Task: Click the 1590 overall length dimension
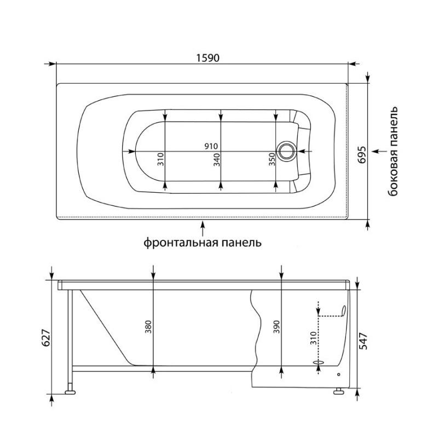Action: pos(208,58)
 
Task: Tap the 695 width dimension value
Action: pos(362,154)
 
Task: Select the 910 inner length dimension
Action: pos(211,146)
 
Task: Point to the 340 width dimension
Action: pos(217,159)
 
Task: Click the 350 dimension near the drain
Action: pos(272,159)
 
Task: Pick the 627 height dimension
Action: pos(45,337)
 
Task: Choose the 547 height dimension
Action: pos(363,341)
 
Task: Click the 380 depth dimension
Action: pos(148,327)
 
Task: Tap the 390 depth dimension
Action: pos(276,327)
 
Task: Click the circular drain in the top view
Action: pos(286,151)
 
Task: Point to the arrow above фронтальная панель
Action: pos(203,228)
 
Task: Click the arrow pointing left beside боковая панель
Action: pos(379,151)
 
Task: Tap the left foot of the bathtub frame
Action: pos(70,392)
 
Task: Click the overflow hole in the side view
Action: pos(343,310)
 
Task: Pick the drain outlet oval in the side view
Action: pos(319,362)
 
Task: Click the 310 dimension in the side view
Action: pos(313,338)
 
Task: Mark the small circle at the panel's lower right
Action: pos(339,374)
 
